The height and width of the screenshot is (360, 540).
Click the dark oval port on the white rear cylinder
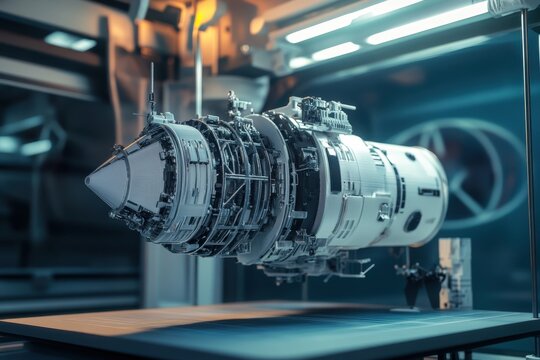tap(412, 221)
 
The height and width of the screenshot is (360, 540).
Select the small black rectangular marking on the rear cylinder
tap(428, 191)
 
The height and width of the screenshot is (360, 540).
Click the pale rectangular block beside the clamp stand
tap(456, 272)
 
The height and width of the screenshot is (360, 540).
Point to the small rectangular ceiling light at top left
tap(70, 40)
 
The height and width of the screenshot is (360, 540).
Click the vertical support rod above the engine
tap(198, 75)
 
